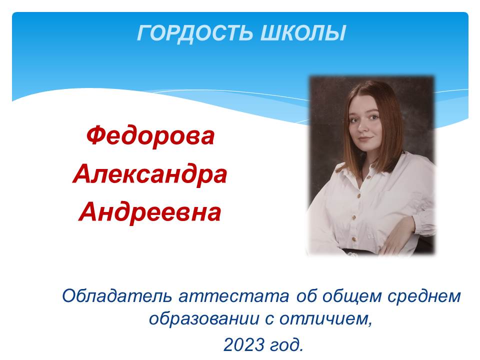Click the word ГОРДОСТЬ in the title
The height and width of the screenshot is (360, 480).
point(195,33)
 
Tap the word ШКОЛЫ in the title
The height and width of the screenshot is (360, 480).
point(303,32)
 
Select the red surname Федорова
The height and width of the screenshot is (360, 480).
point(150,136)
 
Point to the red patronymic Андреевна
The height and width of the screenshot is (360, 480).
point(149,212)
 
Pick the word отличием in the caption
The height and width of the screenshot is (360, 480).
point(325,319)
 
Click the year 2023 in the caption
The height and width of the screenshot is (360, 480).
point(244,344)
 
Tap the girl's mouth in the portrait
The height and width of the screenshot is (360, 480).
point(365,139)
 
